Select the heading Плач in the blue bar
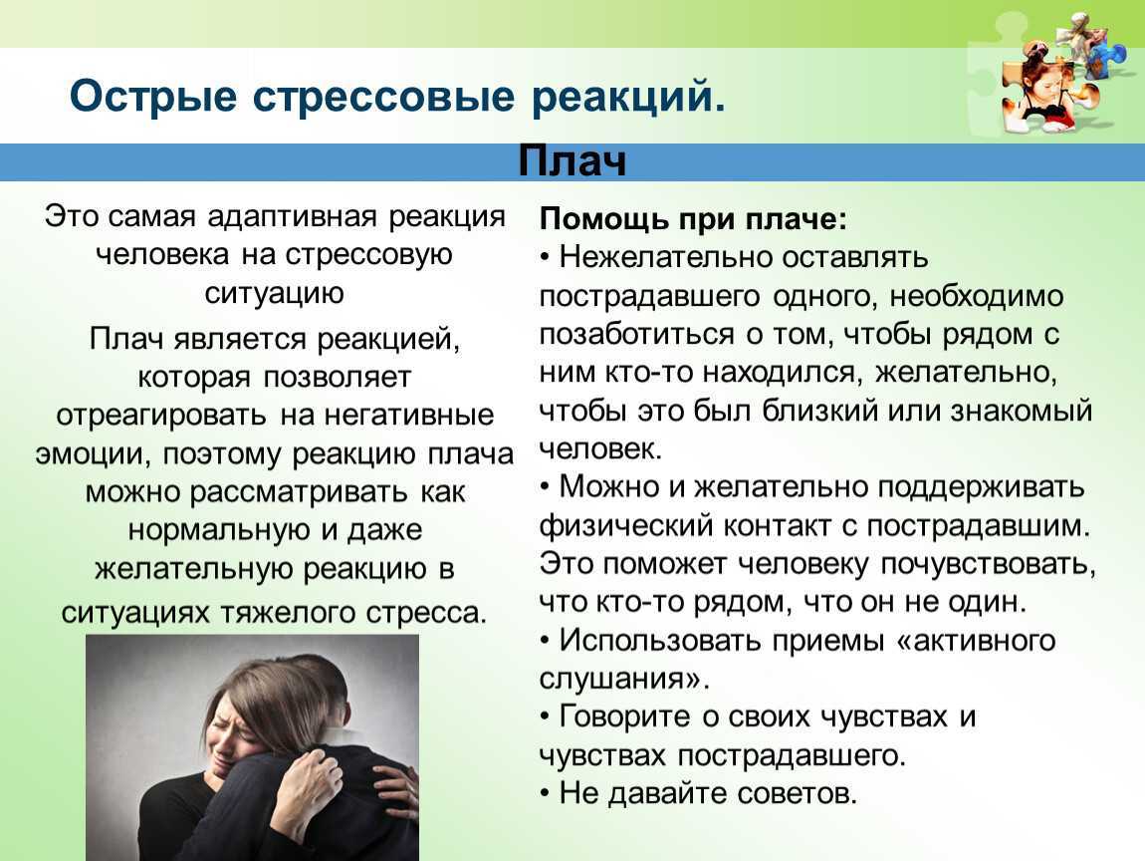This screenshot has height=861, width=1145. tap(572, 161)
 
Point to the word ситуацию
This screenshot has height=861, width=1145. tap(274, 293)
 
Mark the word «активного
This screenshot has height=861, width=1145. tap(976, 640)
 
